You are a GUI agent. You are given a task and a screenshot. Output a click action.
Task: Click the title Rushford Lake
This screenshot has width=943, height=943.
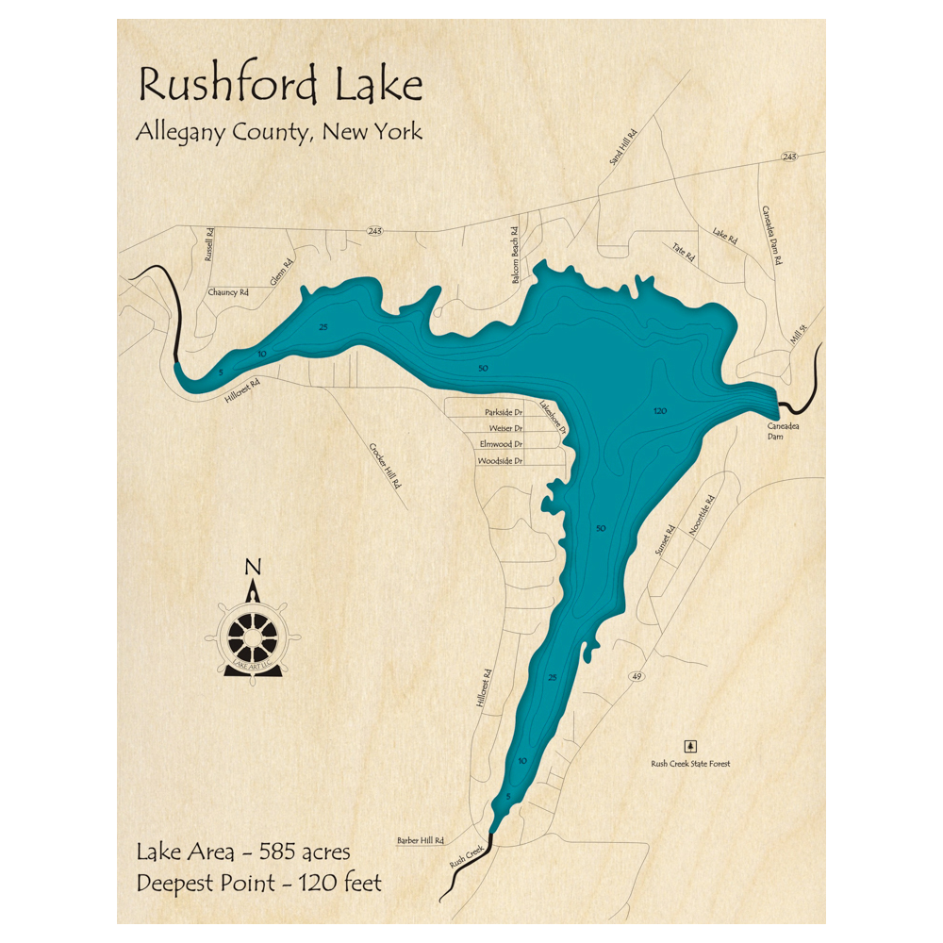(x=280, y=85)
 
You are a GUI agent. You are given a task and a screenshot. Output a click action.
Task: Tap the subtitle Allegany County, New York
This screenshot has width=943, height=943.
(x=278, y=132)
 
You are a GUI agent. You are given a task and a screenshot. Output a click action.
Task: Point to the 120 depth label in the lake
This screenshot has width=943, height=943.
(x=659, y=412)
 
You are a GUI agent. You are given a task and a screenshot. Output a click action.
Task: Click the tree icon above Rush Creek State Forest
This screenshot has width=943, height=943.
(x=690, y=744)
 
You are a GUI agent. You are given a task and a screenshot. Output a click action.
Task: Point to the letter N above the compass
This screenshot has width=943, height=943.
(x=252, y=567)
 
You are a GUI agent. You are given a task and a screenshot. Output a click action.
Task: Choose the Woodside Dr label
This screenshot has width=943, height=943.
(x=500, y=460)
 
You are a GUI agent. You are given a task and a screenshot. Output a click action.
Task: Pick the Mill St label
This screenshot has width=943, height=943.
(x=800, y=335)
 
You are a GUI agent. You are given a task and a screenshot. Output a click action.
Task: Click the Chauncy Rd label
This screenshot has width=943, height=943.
(x=228, y=293)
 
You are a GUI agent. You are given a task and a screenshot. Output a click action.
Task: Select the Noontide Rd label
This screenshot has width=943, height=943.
(x=703, y=517)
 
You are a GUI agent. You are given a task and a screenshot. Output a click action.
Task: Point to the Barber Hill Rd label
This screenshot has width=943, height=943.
(x=420, y=840)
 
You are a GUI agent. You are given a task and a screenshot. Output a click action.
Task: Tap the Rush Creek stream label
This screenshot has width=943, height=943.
(x=467, y=856)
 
